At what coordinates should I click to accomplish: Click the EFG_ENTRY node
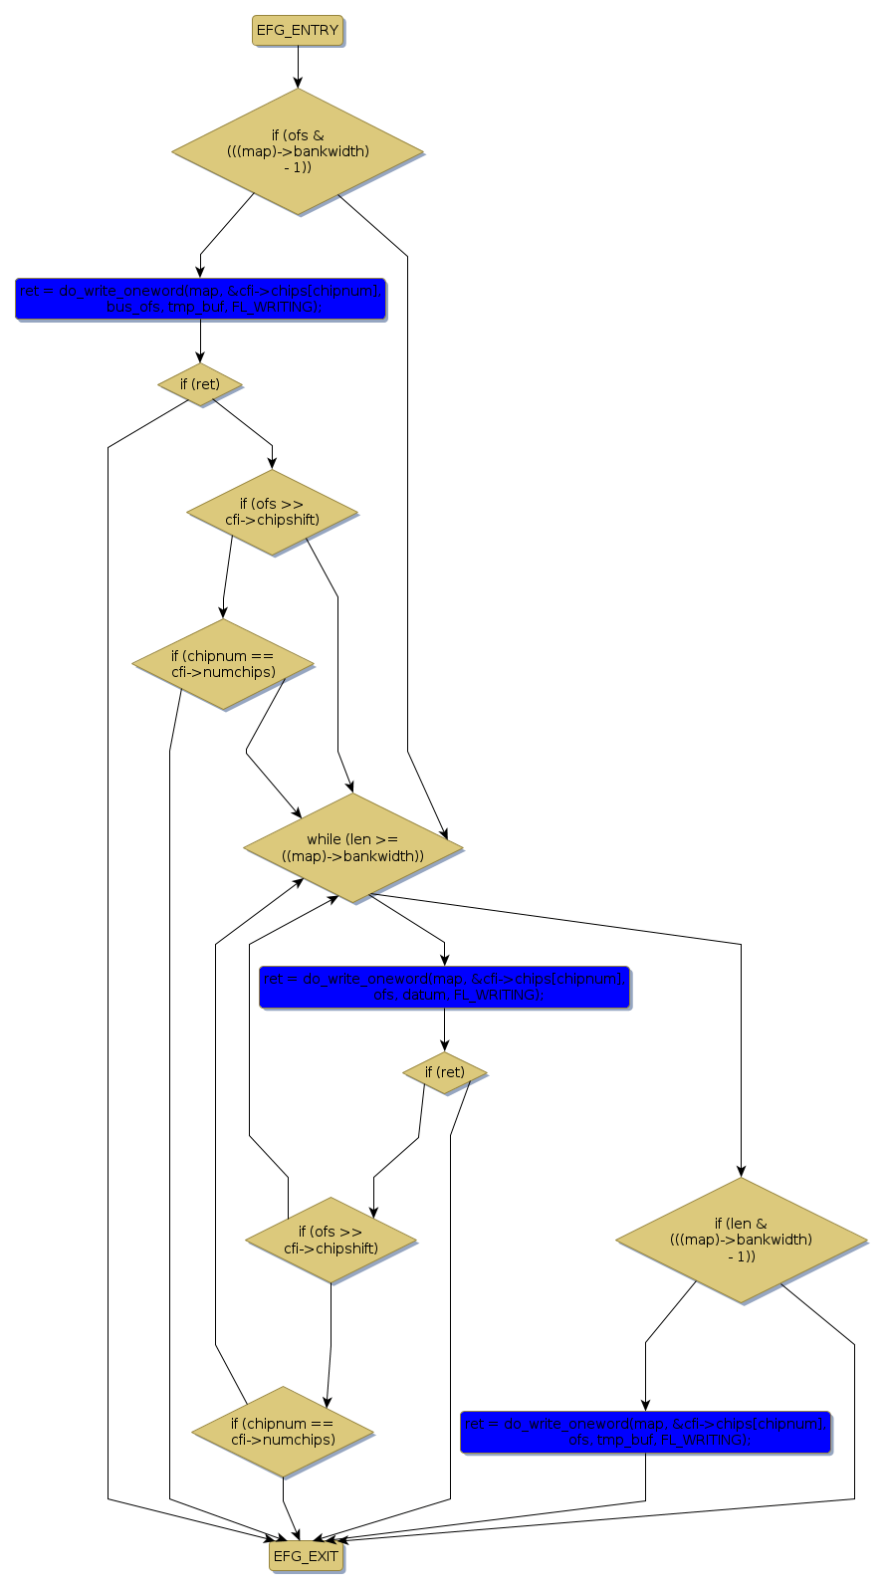pos(298,31)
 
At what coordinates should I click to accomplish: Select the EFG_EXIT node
pos(306,1556)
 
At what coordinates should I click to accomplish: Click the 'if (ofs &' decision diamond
pos(298,151)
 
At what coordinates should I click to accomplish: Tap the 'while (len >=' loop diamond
pos(352,848)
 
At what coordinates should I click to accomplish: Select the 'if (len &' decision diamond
pos(741,1240)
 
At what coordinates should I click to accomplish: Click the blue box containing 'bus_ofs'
pos(200,299)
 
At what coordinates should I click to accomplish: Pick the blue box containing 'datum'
pos(444,987)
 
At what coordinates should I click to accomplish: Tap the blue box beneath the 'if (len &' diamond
pos(645,1432)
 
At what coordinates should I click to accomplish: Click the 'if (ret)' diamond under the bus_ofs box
pos(200,384)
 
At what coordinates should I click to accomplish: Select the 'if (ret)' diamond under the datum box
pos(444,1072)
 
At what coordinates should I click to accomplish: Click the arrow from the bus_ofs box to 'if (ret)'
pos(200,341)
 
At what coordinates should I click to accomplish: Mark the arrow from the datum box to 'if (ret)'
pos(444,1029)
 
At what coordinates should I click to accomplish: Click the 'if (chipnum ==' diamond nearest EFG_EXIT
pos(283,1432)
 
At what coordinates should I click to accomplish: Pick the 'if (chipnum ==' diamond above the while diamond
pos(223,664)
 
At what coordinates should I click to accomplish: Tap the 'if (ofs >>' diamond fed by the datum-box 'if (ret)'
pos(332,1240)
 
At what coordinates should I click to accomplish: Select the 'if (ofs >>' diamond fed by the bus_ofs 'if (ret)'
pos(272,512)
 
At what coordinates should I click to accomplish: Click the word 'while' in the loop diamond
pos(324,839)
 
